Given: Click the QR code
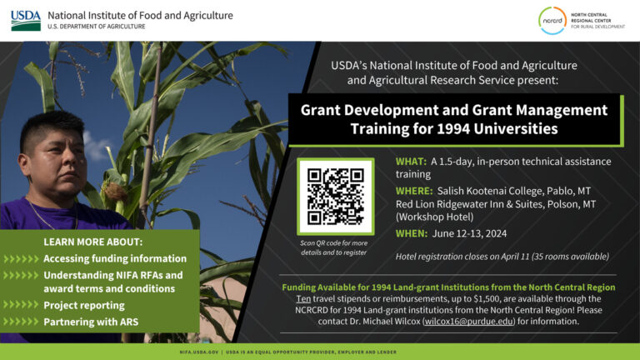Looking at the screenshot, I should [x=335, y=197].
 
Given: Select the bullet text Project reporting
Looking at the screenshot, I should [x=84, y=305].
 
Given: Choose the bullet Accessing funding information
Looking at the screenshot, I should [x=115, y=258].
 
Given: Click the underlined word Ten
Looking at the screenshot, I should [x=305, y=297].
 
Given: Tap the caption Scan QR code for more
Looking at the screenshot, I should [x=333, y=242].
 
